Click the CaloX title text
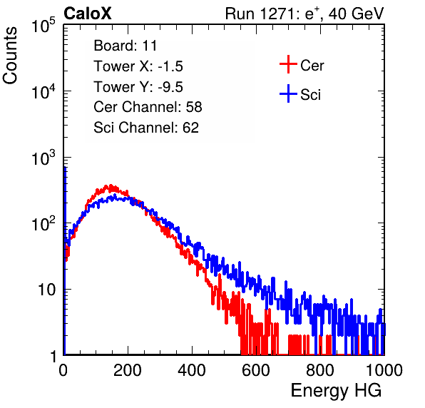tap(88, 14)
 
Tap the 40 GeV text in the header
tap(357, 14)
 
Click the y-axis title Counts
tap(10, 56)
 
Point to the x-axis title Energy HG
tap(336, 391)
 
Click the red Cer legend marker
tap(288, 64)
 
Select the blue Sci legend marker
tap(288, 94)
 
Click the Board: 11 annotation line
tap(126, 46)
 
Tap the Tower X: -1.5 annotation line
tap(138, 66)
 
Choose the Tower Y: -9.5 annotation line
tap(138, 87)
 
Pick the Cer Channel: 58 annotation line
tap(148, 107)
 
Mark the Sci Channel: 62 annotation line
tap(146, 128)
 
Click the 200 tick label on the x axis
tap(128, 370)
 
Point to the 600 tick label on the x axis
tap(256, 370)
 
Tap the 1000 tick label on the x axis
tap(384, 370)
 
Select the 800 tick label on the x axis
tap(320, 370)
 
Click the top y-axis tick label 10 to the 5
tap(43, 25)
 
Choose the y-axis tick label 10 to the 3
tap(43, 158)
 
